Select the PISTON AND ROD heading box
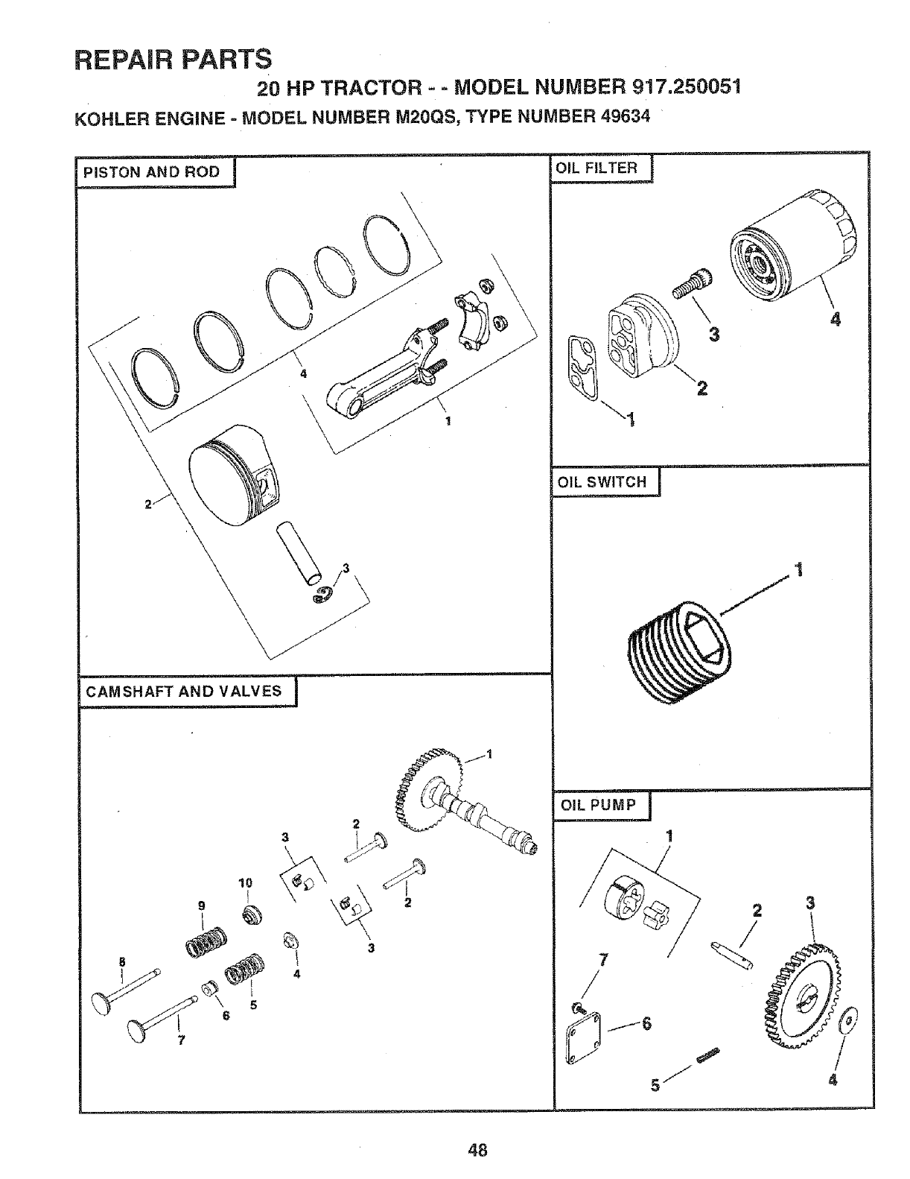coord(151,172)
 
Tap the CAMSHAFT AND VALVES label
coord(184,691)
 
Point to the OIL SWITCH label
coord(602,481)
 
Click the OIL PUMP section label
coord(598,805)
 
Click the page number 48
coord(477,1149)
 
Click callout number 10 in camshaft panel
coord(246,883)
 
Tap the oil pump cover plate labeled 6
coord(585,1036)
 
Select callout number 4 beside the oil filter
coord(835,320)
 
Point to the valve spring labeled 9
coord(206,942)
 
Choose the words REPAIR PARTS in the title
coord(173,57)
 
